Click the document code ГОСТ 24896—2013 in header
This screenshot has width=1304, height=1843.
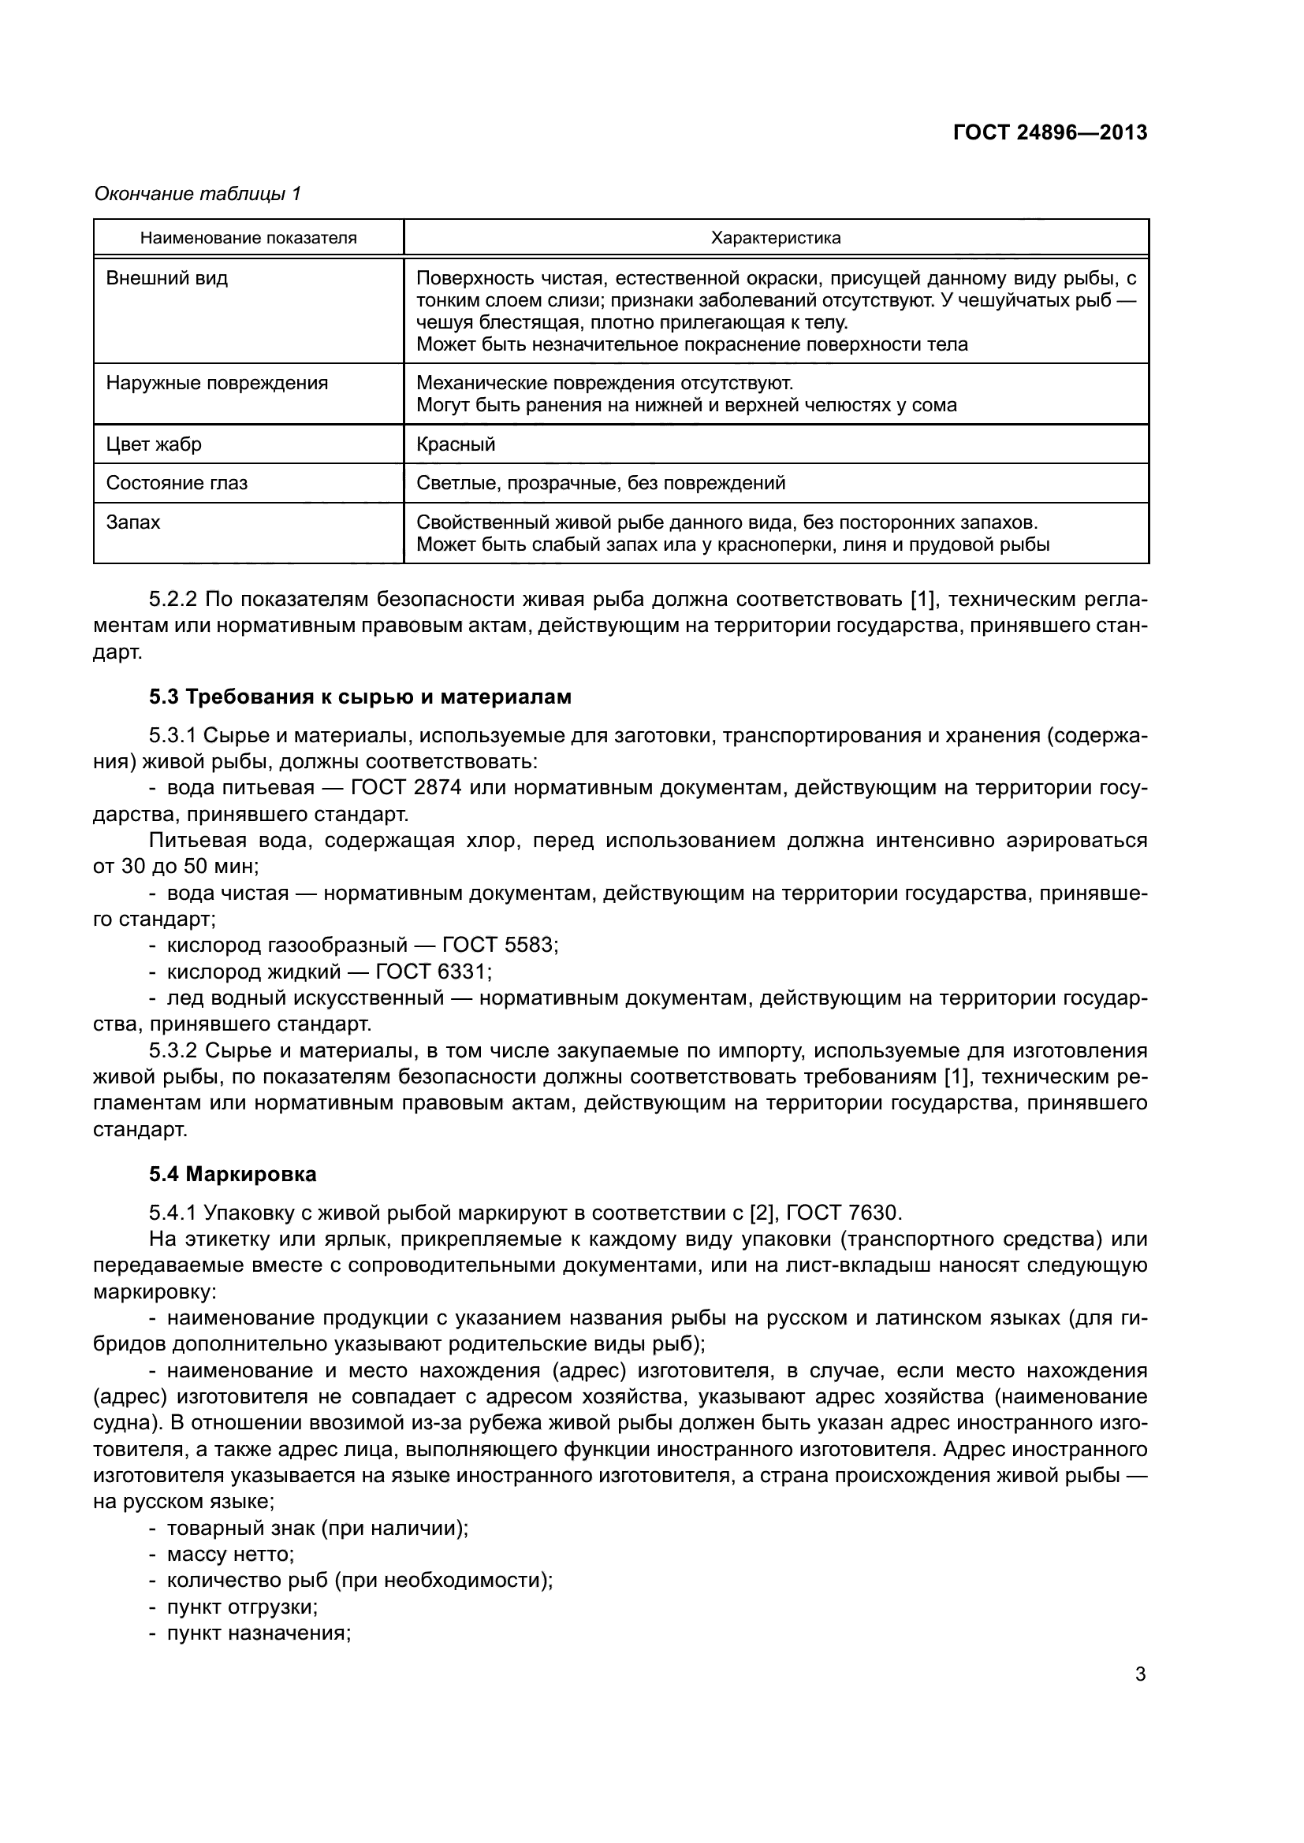(x=1049, y=132)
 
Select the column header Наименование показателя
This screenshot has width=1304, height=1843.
(x=248, y=238)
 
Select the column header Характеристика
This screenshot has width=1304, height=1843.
(x=776, y=238)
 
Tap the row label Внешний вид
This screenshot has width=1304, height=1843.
(x=167, y=278)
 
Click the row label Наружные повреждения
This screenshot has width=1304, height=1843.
(x=217, y=383)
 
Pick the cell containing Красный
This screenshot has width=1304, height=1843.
(x=456, y=444)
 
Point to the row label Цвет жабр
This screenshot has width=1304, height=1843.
(x=155, y=444)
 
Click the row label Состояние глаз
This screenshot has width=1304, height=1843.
(x=177, y=483)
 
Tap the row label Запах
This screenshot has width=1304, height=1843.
(x=133, y=522)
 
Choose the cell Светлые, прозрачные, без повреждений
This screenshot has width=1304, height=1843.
(x=601, y=483)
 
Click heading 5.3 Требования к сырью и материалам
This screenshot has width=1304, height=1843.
(x=360, y=697)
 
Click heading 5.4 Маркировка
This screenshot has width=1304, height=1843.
(x=233, y=1174)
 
